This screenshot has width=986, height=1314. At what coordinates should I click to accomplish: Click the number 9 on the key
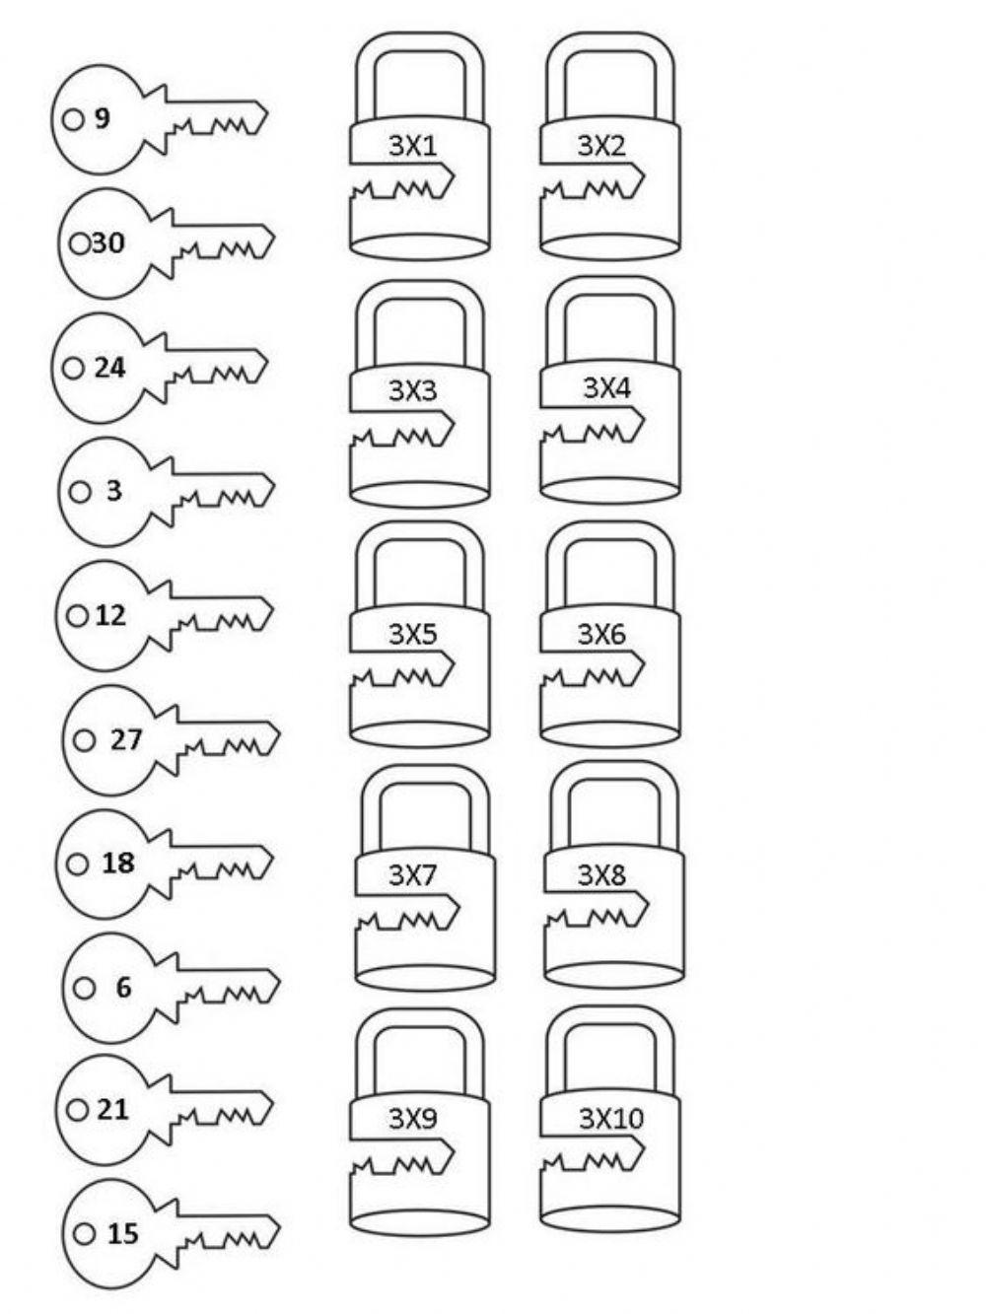point(103,119)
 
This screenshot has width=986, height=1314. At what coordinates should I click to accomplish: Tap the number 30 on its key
point(108,242)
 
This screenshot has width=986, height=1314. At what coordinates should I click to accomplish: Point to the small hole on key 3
point(80,491)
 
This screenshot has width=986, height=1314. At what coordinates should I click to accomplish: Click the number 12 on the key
point(110,615)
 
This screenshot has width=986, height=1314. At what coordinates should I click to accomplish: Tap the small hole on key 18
point(77,864)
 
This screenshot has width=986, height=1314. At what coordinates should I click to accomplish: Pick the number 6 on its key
point(123,987)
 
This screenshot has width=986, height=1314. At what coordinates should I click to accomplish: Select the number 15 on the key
point(122,1233)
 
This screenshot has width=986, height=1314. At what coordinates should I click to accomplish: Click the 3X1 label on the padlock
point(413,146)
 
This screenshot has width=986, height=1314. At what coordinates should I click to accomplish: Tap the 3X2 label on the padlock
point(601,146)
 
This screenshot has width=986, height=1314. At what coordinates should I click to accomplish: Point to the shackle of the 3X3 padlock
point(419,296)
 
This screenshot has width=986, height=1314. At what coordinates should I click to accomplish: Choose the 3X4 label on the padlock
point(606,387)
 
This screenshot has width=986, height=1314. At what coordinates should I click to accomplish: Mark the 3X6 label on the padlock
point(601,633)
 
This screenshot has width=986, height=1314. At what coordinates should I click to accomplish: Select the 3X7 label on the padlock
point(413,874)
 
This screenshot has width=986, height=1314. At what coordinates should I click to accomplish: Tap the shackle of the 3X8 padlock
point(613,779)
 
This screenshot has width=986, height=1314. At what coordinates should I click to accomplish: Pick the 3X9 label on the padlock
point(413,1118)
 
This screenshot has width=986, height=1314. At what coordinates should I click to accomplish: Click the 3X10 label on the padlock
point(611,1118)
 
